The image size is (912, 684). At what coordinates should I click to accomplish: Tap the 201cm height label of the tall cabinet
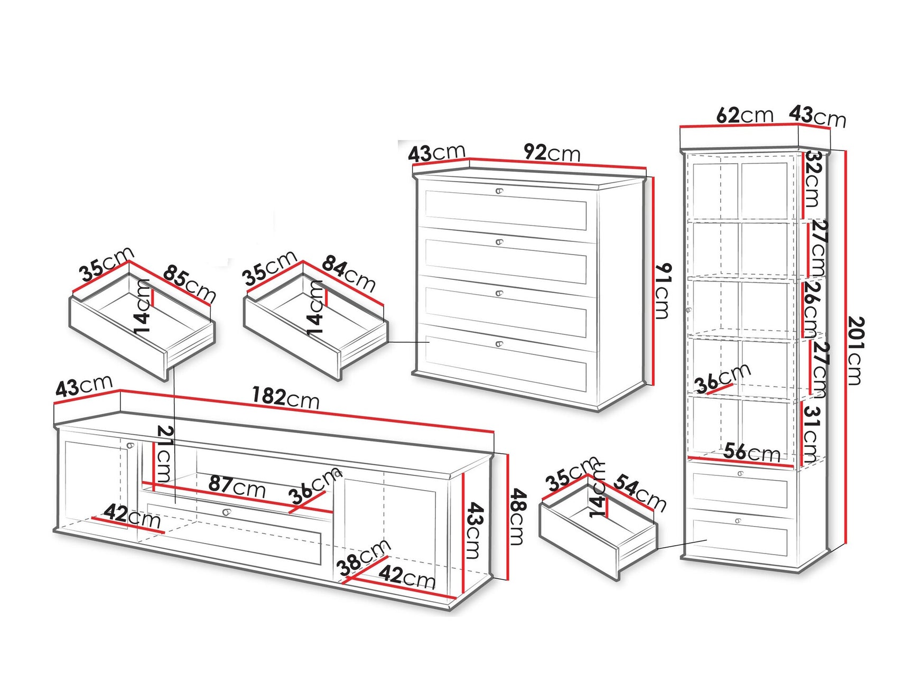coord(854,350)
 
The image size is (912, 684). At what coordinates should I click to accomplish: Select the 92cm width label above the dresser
coord(552,153)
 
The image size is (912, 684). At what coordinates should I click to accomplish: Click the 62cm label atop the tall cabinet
coord(744,115)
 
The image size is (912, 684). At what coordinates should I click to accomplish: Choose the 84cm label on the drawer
coord(349,273)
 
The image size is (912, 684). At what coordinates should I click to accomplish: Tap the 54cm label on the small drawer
coord(639,492)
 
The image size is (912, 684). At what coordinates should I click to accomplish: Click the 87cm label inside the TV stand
coord(237,486)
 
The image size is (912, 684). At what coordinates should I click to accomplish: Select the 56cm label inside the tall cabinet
coord(751,453)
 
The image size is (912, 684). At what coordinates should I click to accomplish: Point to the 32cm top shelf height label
coord(813,180)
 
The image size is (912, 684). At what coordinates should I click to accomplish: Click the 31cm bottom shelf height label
coord(812,434)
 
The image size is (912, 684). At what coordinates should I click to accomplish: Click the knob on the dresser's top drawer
coord(499,191)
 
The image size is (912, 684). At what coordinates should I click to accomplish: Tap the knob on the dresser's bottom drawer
coord(499,344)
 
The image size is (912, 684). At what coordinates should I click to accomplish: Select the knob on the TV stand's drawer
coord(227,512)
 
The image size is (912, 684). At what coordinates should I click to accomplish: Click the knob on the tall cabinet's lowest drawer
coord(738,521)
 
